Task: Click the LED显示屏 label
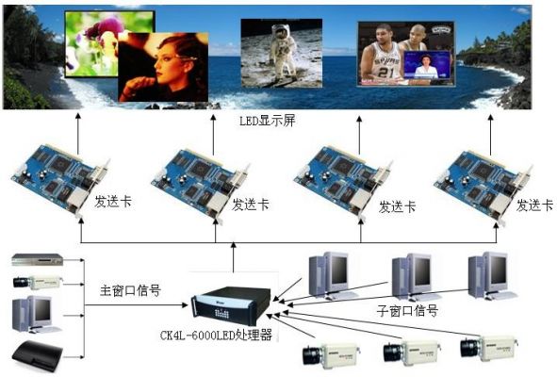coord(267,121)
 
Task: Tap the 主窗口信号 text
coord(130,290)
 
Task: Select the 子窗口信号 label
coord(407,311)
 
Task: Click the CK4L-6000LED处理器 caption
coord(216,335)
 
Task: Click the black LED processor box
coord(231,305)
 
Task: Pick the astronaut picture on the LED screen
coord(282,53)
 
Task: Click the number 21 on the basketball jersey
coord(385,73)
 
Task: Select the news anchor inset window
coord(427,65)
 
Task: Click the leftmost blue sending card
coord(60,178)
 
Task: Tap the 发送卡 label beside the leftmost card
coord(113,202)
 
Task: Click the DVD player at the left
coord(38,259)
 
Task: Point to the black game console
coord(38,355)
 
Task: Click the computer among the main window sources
coord(34,315)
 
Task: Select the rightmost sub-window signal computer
coord(491,274)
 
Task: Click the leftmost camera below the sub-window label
coord(331,353)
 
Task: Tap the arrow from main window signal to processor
coord(136,304)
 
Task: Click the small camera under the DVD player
coord(38,283)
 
